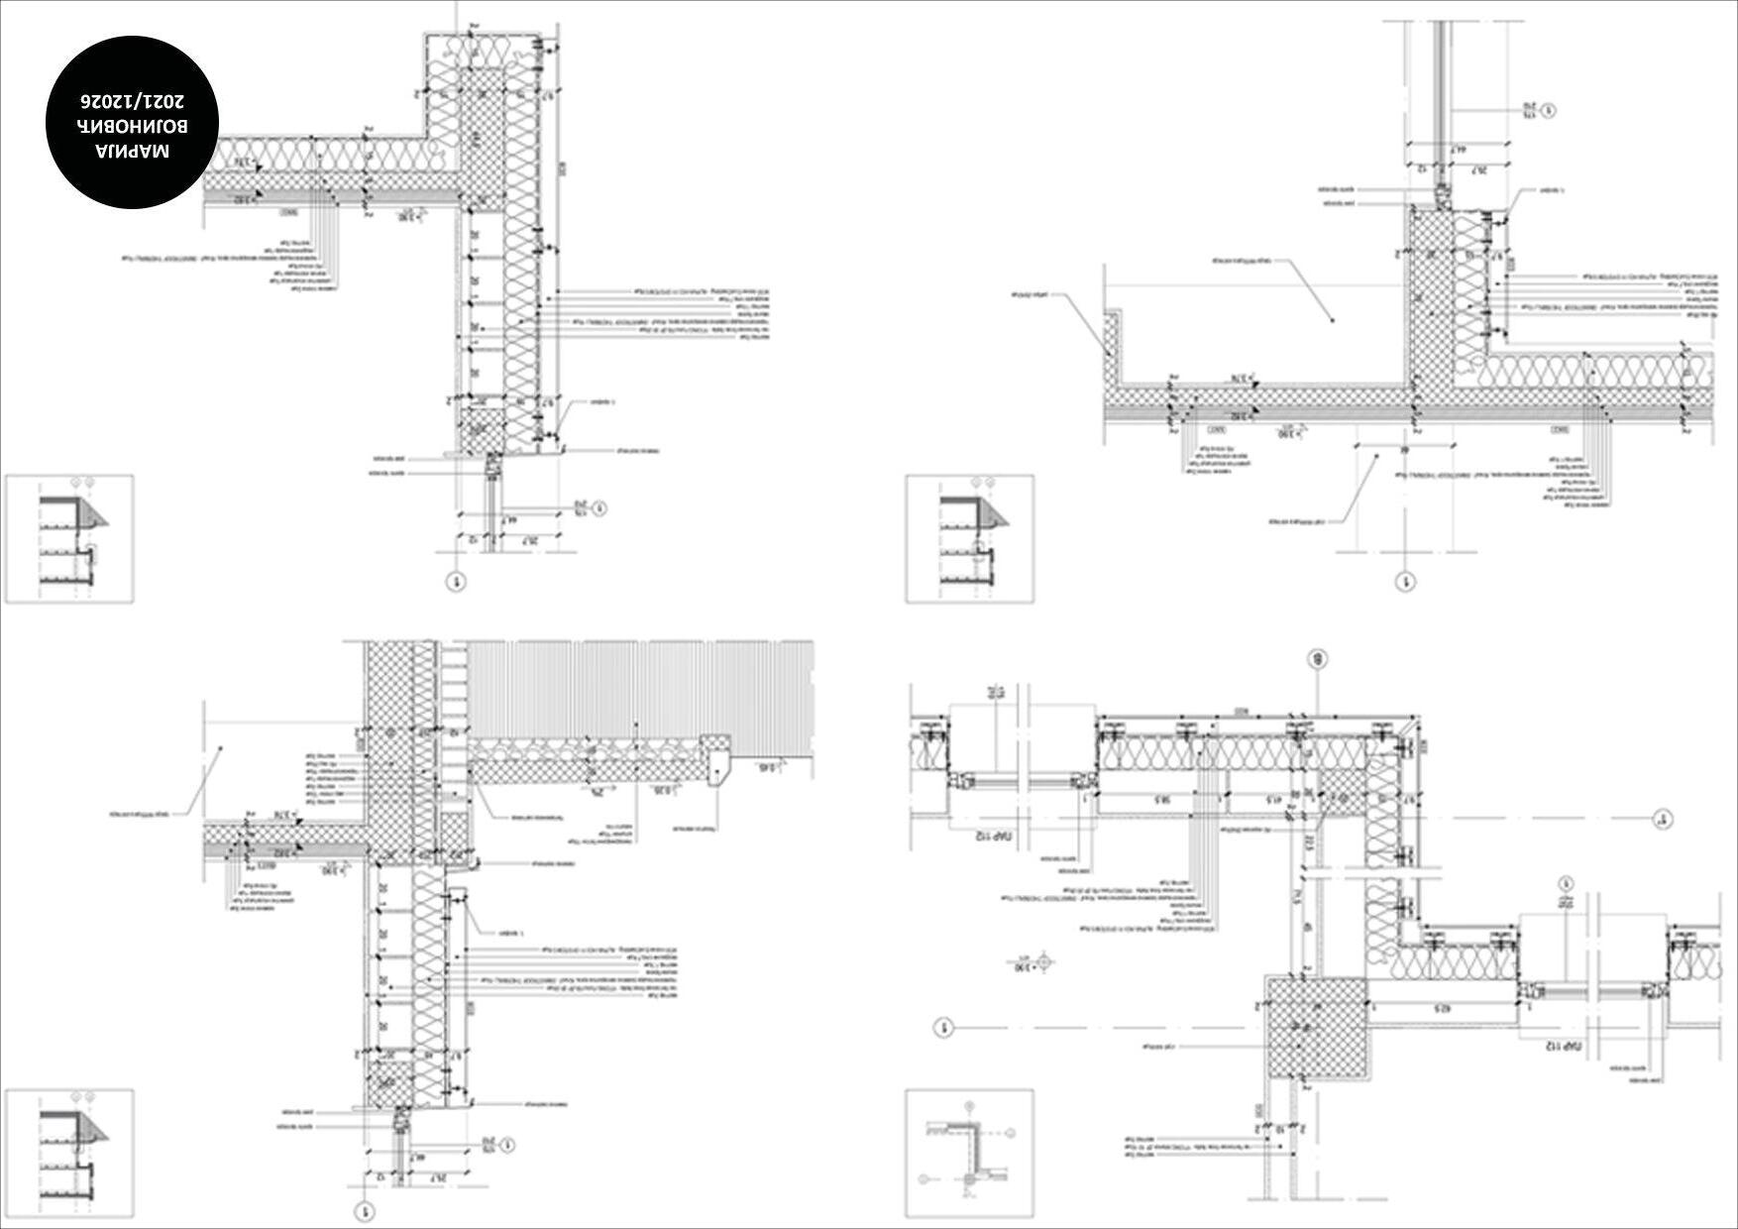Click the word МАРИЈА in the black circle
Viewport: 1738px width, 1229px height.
pyautogui.click(x=133, y=151)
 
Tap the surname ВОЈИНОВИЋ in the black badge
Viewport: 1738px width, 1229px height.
pyautogui.click(x=133, y=126)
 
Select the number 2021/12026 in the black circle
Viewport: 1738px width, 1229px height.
pyautogui.click(x=133, y=101)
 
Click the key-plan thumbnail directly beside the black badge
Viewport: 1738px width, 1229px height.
pyautogui.click(x=69, y=539)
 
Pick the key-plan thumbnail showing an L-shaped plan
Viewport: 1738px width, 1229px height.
pyautogui.click(x=969, y=1154)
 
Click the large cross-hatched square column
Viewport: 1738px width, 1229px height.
pyautogui.click(x=1317, y=1027)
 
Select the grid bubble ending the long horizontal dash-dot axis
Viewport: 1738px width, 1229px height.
pyautogui.click(x=1661, y=819)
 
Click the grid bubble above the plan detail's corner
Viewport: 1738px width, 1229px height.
pyautogui.click(x=1317, y=658)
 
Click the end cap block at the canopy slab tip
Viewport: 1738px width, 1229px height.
pyautogui.click(x=715, y=755)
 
